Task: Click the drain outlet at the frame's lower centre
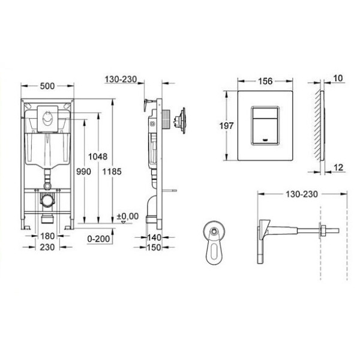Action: tap(46, 201)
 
